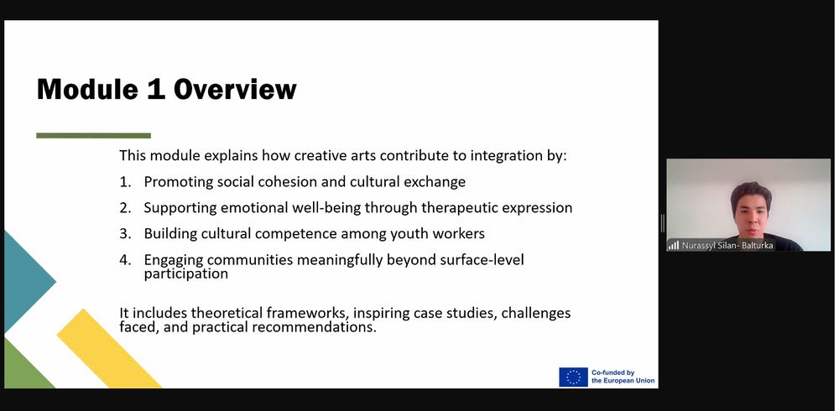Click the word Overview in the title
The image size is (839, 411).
coord(235,89)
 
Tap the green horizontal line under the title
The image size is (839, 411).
coord(94,135)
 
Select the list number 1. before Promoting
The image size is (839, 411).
coord(125,182)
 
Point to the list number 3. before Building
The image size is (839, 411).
coord(125,234)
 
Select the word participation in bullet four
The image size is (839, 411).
coord(185,274)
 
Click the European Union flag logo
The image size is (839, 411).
coord(573,377)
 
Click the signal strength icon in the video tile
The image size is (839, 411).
coord(673,245)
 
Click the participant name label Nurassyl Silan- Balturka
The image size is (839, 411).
coord(727,246)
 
